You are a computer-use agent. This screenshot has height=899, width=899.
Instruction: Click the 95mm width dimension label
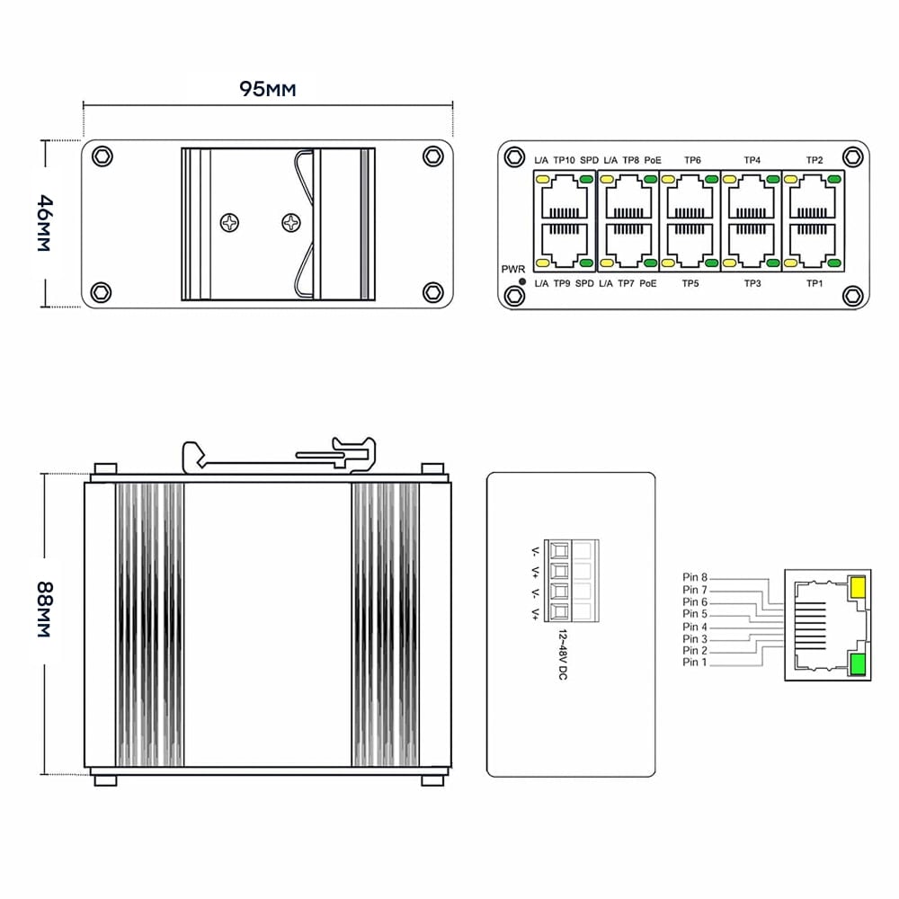point(267,88)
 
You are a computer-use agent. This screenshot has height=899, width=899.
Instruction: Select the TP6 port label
point(692,160)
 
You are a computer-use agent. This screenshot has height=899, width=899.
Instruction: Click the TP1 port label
point(814,283)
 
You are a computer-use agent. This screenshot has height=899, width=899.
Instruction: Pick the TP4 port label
point(752,160)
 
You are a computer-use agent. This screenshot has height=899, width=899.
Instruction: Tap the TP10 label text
point(564,160)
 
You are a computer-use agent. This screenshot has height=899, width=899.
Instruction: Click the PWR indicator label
point(512,269)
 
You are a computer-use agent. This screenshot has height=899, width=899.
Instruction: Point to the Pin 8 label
point(695,577)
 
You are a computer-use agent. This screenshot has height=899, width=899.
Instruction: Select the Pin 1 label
point(695,663)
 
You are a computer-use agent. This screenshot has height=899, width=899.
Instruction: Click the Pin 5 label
point(695,614)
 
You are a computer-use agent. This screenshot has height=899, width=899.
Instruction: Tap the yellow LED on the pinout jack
point(857,588)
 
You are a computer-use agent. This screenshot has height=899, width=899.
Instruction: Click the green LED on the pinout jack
point(857,664)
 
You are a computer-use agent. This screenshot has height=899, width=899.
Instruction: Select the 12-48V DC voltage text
point(562,654)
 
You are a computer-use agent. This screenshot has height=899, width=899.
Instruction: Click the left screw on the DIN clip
point(231,221)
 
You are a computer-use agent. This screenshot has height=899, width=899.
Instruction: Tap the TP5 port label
point(690,283)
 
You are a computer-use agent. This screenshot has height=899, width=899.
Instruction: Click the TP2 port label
point(814,160)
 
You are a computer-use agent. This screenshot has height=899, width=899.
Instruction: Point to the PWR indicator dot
point(522,281)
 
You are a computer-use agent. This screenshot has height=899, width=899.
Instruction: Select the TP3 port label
point(752,283)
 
